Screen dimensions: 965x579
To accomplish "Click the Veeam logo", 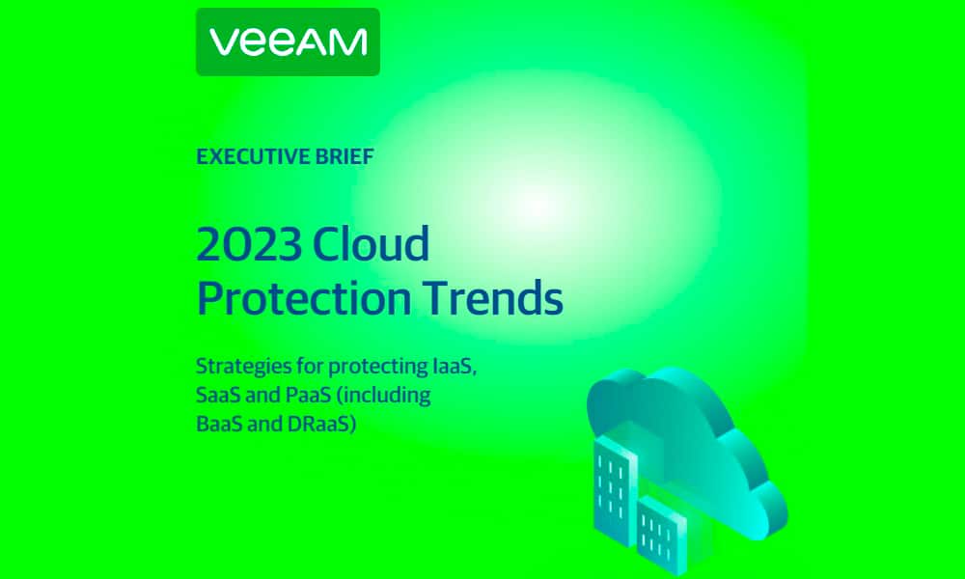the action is click(x=288, y=41).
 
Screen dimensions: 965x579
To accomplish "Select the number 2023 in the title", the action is click(x=249, y=243).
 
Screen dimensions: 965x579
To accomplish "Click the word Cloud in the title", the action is click(x=371, y=243).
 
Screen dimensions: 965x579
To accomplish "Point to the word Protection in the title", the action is click(x=304, y=298).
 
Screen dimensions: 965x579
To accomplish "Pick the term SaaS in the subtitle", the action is click(x=218, y=395).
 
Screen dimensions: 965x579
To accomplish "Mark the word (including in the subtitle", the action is click(x=384, y=396).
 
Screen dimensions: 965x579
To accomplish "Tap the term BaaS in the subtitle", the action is click(x=218, y=424).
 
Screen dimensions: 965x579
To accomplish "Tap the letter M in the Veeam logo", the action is click(x=349, y=42).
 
